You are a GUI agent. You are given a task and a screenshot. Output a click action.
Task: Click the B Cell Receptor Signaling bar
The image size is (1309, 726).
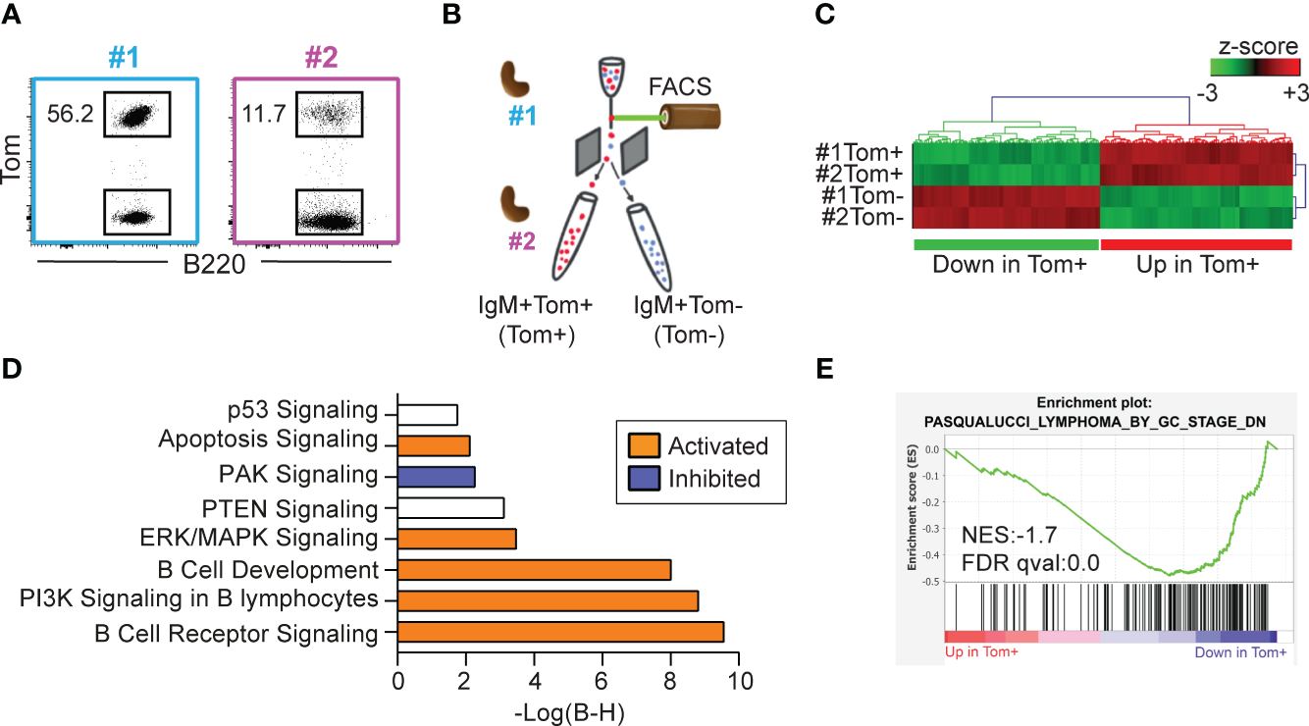pos(560,632)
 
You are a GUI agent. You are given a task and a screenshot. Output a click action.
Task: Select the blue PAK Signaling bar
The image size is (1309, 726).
pos(437,476)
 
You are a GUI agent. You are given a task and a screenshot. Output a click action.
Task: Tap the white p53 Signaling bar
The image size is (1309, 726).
pos(428,413)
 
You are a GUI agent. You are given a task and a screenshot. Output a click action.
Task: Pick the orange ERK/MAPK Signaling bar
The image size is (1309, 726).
pos(456,538)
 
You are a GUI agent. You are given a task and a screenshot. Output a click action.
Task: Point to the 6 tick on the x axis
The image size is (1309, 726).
pos(602,680)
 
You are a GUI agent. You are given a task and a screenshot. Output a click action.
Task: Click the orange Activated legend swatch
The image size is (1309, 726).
pos(638,446)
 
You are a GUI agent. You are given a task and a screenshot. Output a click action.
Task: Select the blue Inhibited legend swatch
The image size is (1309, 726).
pos(638,478)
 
